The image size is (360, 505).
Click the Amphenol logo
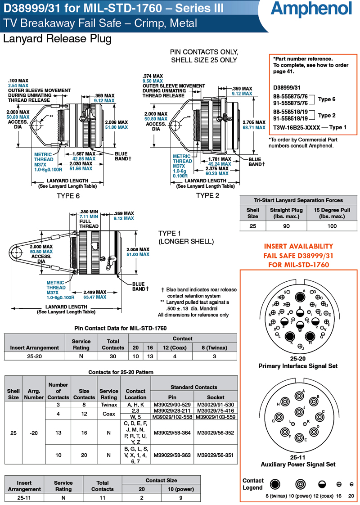pyautogui.click(x=311, y=9)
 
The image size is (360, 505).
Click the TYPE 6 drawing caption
pyautogui.click(x=68, y=196)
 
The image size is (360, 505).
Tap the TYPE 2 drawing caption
pyautogui.click(x=207, y=195)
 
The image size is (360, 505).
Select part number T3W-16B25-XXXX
pyautogui.click(x=297, y=127)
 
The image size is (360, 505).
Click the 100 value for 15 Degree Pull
pyautogui.click(x=332, y=226)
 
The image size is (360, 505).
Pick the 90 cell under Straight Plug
pyautogui.click(x=286, y=226)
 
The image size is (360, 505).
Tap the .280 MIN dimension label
pyautogui.click(x=89, y=212)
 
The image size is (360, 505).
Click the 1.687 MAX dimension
pyautogui.click(x=84, y=153)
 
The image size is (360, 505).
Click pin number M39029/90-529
pyautogui.click(x=172, y=405)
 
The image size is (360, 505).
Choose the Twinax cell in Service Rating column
pyautogui.click(x=108, y=405)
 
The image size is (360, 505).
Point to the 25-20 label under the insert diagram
pyautogui.click(x=297, y=359)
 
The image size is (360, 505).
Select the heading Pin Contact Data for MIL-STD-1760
pyautogui.click(x=120, y=328)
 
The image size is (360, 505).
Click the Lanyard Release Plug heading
pyautogui.click(x=57, y=39)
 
